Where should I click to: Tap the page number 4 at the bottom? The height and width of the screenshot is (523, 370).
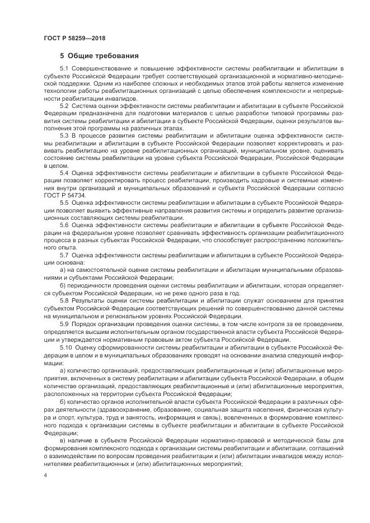click(x=45, y=475)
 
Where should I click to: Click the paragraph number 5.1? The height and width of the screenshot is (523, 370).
click(x=64, y=68)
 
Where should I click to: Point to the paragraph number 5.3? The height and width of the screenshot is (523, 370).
click(x=64, y=135)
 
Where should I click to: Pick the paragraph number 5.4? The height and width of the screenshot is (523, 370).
click(x=64, y=173)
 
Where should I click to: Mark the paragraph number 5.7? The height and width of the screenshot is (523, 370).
click(x=64, y=255)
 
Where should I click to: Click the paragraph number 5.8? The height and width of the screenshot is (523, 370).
click(x=64, y=300)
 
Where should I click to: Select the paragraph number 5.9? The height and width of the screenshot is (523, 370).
click(x=64, y=323)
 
